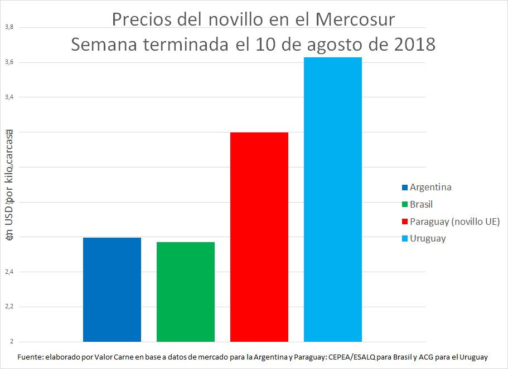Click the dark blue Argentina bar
(x=112, y=289)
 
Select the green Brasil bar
(x=185, y=292)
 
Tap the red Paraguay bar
(x=259, y=237)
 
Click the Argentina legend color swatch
(x=405, y=187)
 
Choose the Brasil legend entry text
(x=421, y=204)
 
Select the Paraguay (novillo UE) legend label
(x=454, y=222)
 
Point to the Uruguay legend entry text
(x=428, y=239)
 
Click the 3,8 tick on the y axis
(x=8, y=27)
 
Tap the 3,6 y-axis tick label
(x=8, y=62)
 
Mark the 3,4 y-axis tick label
(x=8, y=97)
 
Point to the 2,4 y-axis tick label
(x=8, y=272)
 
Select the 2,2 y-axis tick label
(x=8, y=307)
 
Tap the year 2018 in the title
(x=410, y=44)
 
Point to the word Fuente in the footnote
(x=31, y=357)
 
